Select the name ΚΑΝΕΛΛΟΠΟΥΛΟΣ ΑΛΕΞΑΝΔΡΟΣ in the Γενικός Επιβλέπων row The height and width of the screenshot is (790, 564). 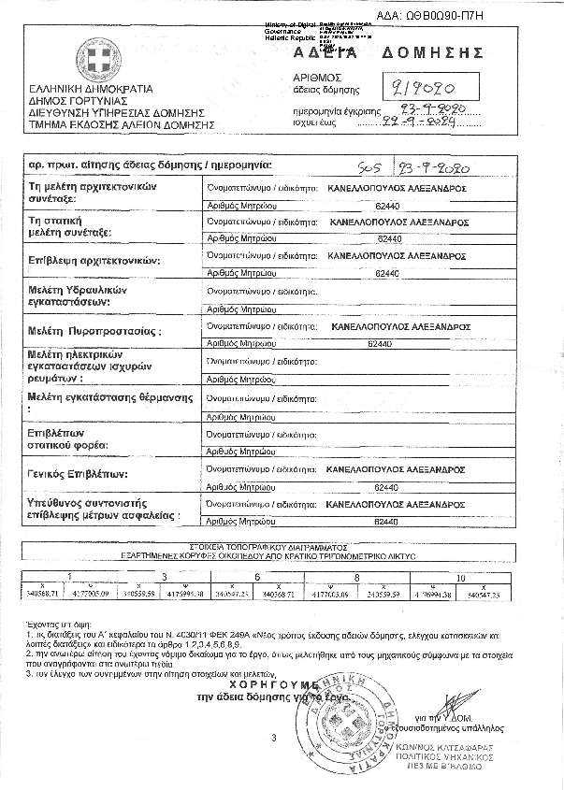[x=404, y=468]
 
